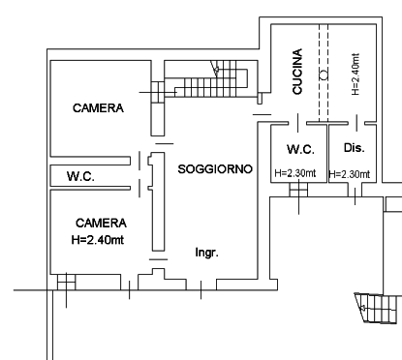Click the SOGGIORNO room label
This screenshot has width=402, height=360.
(x=215, y=169)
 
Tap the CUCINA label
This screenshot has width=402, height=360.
(x=297, y=72)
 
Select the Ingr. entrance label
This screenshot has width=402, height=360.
(x=207, y=253)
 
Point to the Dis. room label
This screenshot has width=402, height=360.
(x=355, y=148)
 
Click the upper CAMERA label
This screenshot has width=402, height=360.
(x=98, y=108)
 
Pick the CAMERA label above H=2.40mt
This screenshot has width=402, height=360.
(x=101, y=223)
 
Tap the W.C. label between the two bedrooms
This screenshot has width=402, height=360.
(x=80, y=176)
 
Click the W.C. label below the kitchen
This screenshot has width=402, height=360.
(x=300, y=149)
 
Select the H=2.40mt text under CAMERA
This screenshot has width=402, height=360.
(x=98, y=240)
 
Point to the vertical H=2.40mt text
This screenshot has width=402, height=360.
(x=356, y=75)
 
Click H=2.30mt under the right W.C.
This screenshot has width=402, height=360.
(x=295, y=173)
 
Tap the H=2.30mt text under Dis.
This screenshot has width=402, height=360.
(x=350, y=174)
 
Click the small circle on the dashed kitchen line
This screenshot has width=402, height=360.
(x=324, y=75)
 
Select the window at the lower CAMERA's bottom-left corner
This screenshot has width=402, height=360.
(x=67, y=283)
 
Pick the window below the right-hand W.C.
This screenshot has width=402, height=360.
(x=298, y=190)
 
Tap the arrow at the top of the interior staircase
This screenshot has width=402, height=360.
(x=215, y=68)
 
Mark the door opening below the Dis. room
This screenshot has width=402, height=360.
(x=355, y=190)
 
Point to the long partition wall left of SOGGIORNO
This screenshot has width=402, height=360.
(x=158, y=201)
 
